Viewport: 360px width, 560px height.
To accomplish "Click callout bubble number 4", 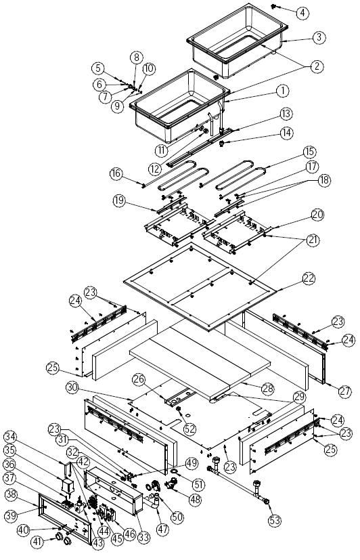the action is pos(302,13).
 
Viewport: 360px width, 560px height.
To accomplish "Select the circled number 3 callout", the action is pos(319,37).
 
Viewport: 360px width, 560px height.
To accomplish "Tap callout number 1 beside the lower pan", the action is pos(283,91).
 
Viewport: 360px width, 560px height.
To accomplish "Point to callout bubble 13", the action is pos(286,114).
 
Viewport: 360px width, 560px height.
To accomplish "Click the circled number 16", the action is pos(116,173).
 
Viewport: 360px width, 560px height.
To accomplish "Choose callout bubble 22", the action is pos(309,278).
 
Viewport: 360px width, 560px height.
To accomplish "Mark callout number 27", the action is pos(345,391).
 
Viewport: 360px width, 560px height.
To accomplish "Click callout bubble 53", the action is pos(275,520).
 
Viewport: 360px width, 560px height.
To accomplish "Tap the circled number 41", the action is pos(37,542).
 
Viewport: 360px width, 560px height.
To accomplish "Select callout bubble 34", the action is pos(12,437).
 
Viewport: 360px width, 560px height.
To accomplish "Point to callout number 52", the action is pos(189,429).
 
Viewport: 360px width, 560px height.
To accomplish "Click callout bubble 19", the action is pos(120,200).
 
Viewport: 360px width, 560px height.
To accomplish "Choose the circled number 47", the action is pos(162,529).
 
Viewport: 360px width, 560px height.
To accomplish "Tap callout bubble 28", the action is pos(268,389).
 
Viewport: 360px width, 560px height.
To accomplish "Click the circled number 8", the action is pos(136,58).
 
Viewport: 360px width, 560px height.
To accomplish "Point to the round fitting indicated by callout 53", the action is pos(266,502).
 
